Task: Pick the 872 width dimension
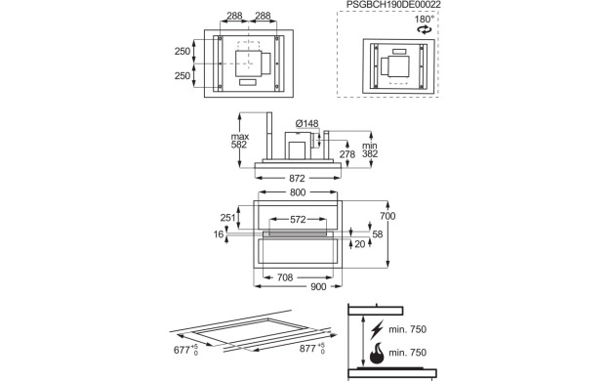(297, 179)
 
